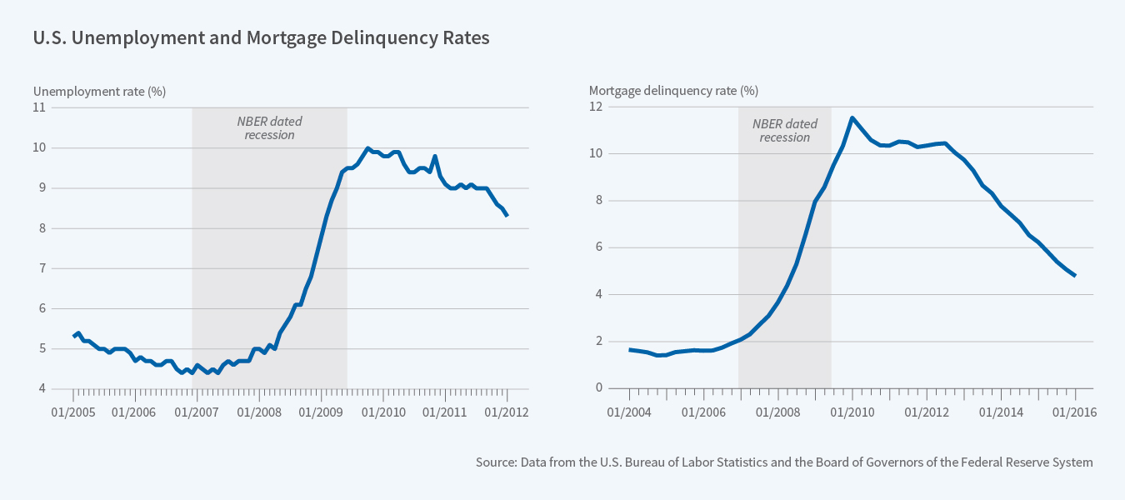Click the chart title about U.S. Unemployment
tap(260, 38)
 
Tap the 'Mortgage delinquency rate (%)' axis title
tap(673, 91)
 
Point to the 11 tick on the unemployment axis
tap(39, 107)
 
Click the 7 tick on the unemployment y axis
tap(42, 268)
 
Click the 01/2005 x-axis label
tap(72, 412)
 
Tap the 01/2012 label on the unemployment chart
tap(507, 412)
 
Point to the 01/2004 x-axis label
tap(630, 412)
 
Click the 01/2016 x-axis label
tap(1075, 412)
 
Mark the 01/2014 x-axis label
tap(1001, 412)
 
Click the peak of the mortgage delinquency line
tap(852, 117)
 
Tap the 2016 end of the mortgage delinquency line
tap(1075, 275)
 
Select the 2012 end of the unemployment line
tap(507, 215)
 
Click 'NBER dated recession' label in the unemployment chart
tap(270, 127)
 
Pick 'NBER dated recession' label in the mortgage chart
tap(785, 130)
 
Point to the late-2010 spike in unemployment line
tap(435, 157)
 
